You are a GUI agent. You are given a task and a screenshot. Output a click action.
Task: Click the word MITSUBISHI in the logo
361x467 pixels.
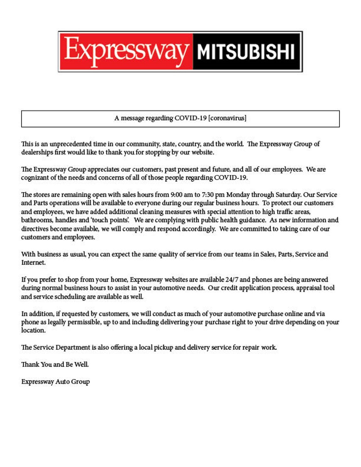(x=246, y=52)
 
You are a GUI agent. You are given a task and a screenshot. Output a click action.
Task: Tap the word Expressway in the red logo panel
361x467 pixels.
(x=126, y=51)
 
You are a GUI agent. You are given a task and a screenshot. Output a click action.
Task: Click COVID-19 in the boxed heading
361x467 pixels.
(x=191, y=118)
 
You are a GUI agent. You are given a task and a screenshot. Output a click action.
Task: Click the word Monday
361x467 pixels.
(x=238, y=195)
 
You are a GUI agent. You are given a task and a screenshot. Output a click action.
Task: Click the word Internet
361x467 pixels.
(x=33, y=263)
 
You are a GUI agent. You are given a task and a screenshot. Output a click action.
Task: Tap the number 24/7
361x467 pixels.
(x=232, y=280)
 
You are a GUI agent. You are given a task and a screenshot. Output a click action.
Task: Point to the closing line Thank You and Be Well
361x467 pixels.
(x=55, y=364)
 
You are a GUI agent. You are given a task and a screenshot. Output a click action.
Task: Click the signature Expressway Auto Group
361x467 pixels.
(x=56, y=382)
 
